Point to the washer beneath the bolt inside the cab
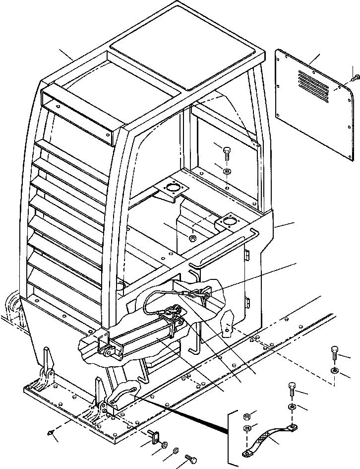pos(227,171)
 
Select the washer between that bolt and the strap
pos(292,407)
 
